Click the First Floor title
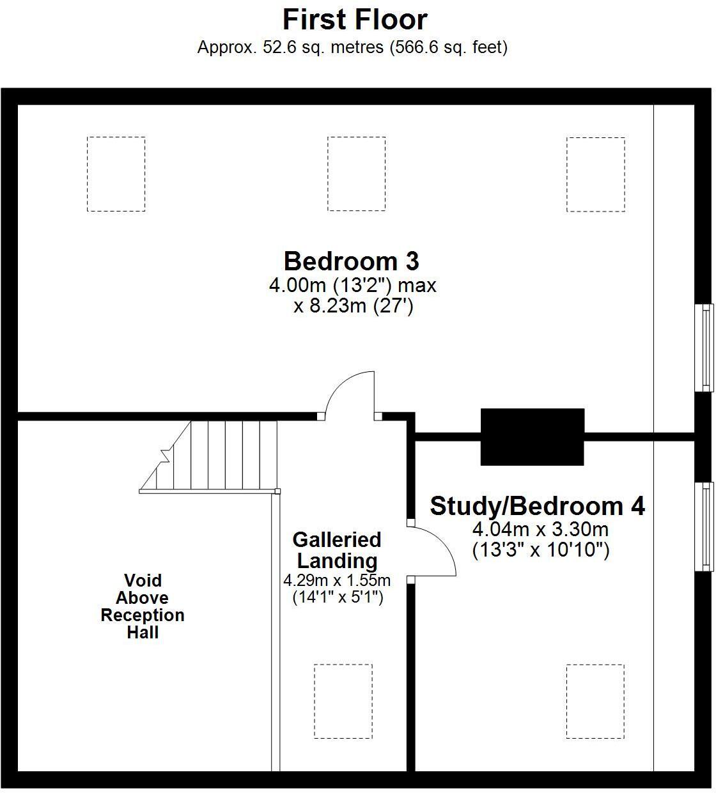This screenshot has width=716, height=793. pyautogui.click(x=355, y=20)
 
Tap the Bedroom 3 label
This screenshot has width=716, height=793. pyautogui.click(x=351, y=261)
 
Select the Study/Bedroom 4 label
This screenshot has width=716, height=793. pyautogui.click(x=537, y=505)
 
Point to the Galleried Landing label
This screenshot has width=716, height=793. pyautogui.click(x=337, y=550)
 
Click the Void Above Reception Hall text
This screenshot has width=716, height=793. pyautogui.click(x=143, y=606)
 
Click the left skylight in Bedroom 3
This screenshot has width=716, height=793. pyautogui.click(x=116, y=174)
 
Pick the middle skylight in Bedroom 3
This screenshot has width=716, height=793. pyautogui.click(x=356, y=174)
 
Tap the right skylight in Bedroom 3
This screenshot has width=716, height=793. pyautogui.click(x=595, y=174)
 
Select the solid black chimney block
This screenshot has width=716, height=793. pyautogui.click(x=532, y=437)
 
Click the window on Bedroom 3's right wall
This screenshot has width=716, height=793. pyautogui.click(x=704, y=347)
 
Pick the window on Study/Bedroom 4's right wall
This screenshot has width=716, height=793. pyautogui.click(x=704, y=526)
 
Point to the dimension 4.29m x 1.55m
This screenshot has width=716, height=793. pyautogui.click(x=337, y=581)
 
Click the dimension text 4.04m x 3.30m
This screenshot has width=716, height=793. pyautogui.click(x=540, y=529)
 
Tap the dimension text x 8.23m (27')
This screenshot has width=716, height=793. pyautogui.click(x=354, y=306)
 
